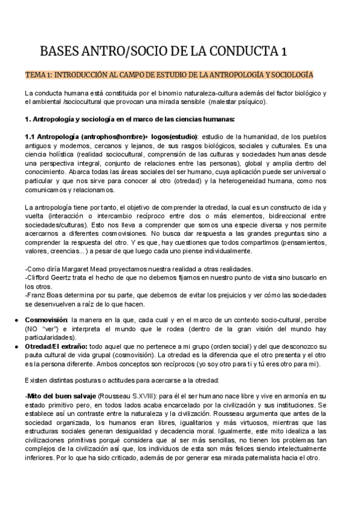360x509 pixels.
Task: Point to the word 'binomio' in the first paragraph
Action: coord(159,93)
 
